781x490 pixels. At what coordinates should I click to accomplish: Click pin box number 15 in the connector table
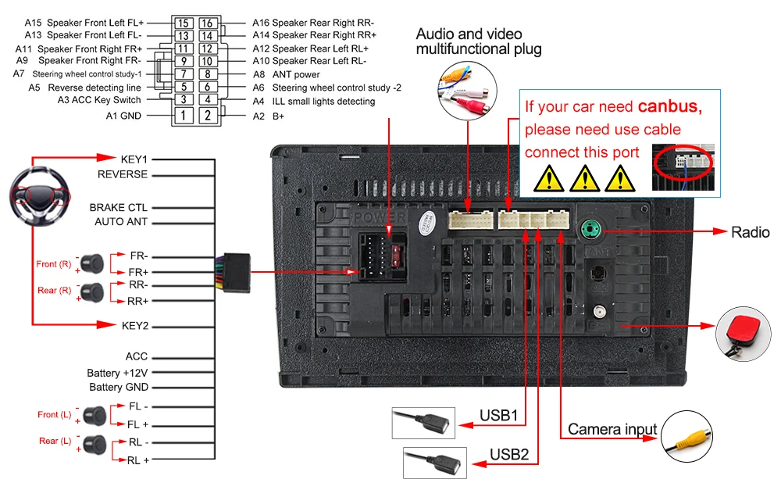click(183, 23)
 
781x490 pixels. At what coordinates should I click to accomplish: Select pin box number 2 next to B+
click(208, 116)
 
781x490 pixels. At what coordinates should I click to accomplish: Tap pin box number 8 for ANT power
click(208, 74)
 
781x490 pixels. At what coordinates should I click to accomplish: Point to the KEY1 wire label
click(134, 159)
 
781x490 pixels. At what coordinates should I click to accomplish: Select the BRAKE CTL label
click(118, 207)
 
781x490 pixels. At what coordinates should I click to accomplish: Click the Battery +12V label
click(117, 373)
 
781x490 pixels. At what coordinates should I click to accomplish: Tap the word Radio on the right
click(750, 232)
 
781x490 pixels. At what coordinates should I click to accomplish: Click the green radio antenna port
click(592, 231)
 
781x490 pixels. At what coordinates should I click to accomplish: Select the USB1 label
click(498, 415)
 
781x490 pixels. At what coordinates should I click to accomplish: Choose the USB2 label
click(509, 454)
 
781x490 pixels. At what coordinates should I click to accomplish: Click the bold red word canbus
click(669, 106)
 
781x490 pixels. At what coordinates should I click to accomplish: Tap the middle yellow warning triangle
click(584, 179)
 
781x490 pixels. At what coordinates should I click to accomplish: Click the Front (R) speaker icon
click(95, 260)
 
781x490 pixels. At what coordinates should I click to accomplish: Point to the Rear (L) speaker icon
click(95, 441)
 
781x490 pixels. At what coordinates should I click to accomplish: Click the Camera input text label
click(612, 429)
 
